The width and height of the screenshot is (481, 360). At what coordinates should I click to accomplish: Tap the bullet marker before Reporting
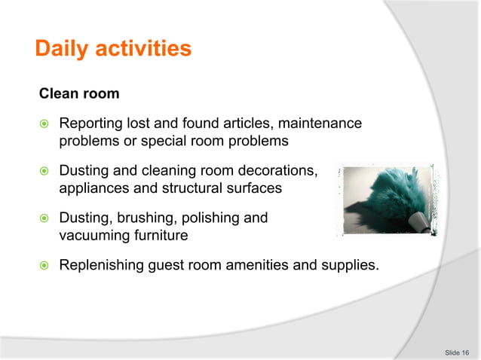[x=44, y=124]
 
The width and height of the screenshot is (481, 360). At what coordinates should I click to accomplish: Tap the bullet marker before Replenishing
[x=44, y=265]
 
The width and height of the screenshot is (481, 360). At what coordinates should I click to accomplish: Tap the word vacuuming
[x=94, y=236]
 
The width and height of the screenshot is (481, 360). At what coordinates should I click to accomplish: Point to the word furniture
[x=160, y=236]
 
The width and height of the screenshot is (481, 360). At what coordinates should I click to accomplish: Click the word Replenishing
[x=101, y=265]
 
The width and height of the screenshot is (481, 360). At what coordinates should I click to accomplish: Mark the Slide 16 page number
[x=457, y=352]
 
